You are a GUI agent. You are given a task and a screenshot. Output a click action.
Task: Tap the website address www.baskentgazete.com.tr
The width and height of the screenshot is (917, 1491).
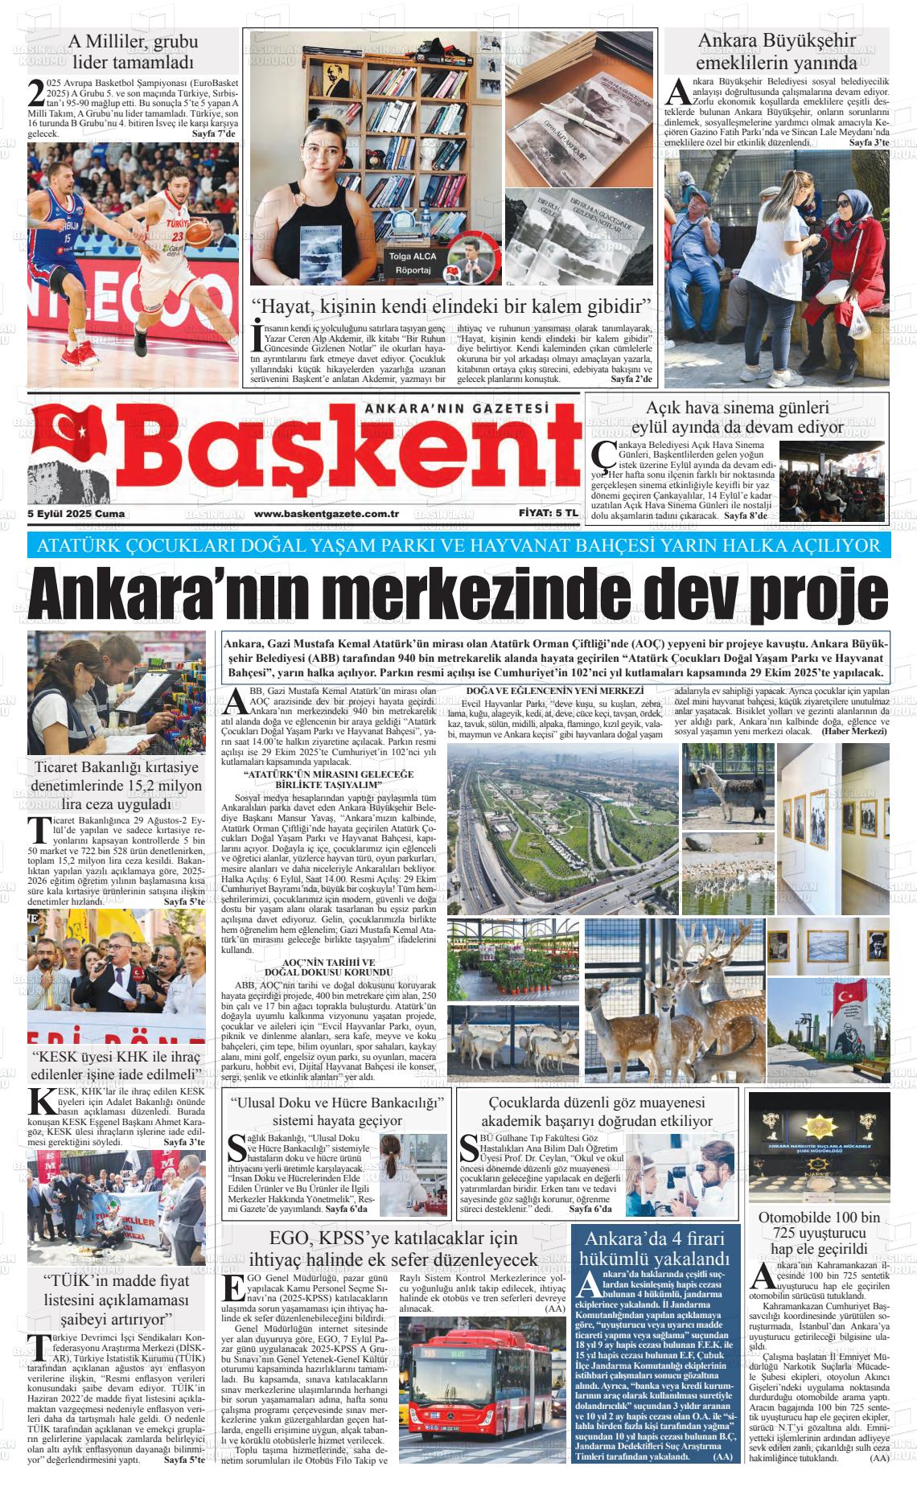point(327,514)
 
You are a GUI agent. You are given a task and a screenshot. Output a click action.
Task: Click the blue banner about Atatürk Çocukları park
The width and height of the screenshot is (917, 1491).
point(458,546)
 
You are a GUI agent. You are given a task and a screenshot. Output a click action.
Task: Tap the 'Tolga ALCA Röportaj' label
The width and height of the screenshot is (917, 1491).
point(413,263)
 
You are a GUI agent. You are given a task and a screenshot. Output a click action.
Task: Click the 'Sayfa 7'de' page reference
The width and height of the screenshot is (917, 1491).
point(215,134)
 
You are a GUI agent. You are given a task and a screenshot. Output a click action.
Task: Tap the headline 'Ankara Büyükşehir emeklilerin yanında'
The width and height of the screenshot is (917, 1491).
point(776,51)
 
